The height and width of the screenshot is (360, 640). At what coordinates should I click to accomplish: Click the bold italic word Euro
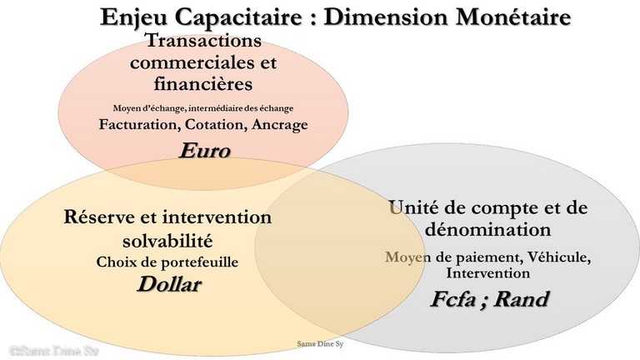[x=205, y=150]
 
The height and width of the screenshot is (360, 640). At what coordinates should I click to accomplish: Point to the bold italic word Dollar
[x=169, y=284]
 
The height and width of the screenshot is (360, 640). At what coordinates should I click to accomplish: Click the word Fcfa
[x=453, y=299]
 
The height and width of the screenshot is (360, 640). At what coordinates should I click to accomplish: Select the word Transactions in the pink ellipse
[x=203, y=40]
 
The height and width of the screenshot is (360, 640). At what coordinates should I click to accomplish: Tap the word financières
[x=203, y=83]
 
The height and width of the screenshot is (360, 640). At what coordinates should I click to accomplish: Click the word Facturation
[x=140, y=124]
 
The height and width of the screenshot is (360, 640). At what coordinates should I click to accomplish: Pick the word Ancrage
[x=280, y=124]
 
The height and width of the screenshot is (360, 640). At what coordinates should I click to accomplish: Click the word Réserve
[x=100, y=217]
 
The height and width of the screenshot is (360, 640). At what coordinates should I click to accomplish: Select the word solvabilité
[x=167, y=240]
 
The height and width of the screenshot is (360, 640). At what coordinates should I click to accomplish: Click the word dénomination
[x=487, y=229]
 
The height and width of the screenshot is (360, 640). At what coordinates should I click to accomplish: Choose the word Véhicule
[x=559, y=257]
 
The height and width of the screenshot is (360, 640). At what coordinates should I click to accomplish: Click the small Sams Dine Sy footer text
[x=320, y=343]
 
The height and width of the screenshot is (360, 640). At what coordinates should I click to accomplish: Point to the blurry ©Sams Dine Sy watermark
[x=54, y=352]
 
